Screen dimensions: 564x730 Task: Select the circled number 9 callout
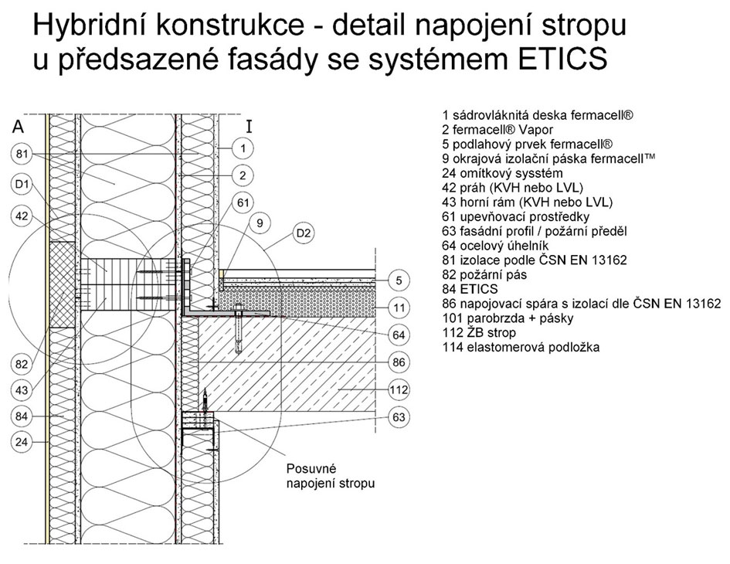click(260, 225)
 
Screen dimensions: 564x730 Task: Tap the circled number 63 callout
click(399, 418)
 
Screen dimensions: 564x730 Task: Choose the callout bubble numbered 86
click(399, 361)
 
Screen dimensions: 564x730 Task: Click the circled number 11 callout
click(399, 307)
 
